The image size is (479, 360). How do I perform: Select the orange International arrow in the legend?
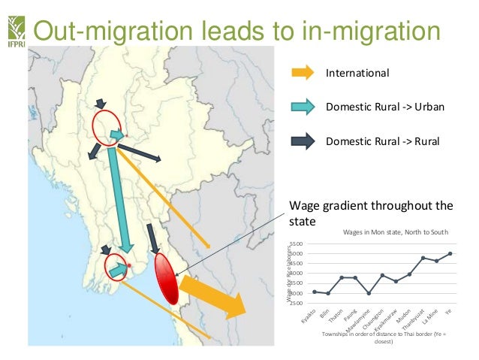[x=302, y=74]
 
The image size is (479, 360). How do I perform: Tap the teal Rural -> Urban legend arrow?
[x=302, y=107]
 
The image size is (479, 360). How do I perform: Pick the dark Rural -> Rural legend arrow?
[x=302, y=140]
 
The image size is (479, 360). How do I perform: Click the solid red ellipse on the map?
[x=166, y=279]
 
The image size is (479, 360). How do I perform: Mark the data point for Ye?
[x=450, y=253]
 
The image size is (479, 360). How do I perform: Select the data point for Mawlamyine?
[x=369, y=293]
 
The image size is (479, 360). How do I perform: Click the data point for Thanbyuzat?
[x=423, y=258]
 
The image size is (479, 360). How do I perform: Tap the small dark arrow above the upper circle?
[x=101, y=103]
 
